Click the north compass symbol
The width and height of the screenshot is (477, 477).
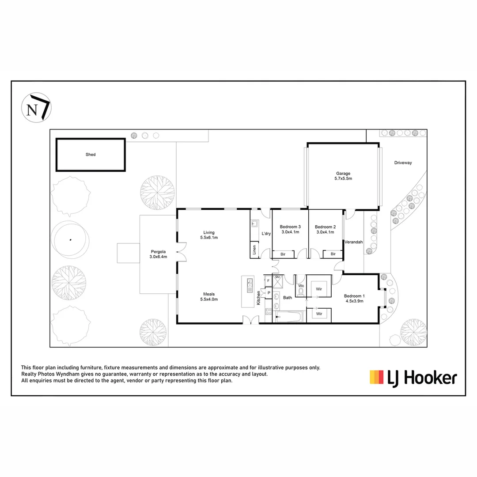click(x=36, y=107)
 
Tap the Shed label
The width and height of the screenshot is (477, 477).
click(x=91, y=155)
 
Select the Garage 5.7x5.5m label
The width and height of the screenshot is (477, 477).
click(x=343, y=176)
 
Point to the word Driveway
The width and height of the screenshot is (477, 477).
click(x=403, y=163)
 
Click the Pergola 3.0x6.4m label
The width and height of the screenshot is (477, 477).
click(x=159, y=254)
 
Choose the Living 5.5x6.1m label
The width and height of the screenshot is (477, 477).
click(x=209, y=235)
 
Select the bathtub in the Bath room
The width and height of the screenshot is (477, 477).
click(x=289, y=316)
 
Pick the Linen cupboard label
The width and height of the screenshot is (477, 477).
click(x=254, y=250)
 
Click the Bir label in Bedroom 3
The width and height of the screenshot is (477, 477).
click(x=282, y=254)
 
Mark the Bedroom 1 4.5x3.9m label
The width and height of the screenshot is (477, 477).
click(x=354, y=298)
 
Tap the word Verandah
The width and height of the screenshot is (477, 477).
click(x=354, y=242)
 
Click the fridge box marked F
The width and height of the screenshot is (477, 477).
click(x=268, y=280)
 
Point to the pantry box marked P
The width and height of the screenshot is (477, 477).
click(x=268, y=292)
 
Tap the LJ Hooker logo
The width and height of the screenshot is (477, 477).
click(x=413, y=378)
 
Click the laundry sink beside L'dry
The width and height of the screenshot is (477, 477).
click(x=254, y=224)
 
